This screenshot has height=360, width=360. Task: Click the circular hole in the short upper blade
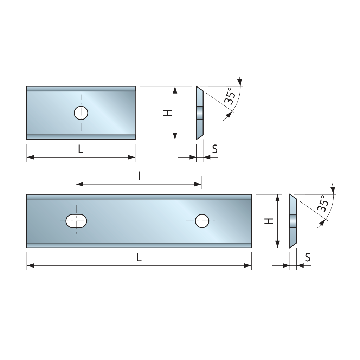(81, 113)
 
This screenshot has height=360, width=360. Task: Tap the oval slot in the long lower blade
(76, 221)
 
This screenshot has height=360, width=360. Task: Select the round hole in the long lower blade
(202, 221)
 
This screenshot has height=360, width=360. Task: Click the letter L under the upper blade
(81, 149)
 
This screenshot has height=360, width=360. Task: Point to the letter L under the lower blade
(139, 258)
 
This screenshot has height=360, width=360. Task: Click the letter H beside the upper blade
(168, 113)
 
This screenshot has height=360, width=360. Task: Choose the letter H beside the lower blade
(269, 221)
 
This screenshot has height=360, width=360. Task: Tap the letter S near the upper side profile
(215, 149)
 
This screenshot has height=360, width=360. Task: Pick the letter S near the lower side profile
(308, 257)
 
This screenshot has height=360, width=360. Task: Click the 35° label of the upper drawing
(230, 96)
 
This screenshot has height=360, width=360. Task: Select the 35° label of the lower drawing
(323, 204)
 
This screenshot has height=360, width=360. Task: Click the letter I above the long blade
(139, 176)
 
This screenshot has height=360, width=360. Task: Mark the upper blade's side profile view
(200, 113)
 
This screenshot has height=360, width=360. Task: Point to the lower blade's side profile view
(293, 221)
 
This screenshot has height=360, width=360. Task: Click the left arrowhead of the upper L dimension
(30, 157)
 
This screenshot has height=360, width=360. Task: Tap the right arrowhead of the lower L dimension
(248, 266)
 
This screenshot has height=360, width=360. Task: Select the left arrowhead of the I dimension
(80, 184)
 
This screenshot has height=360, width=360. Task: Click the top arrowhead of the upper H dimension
(175, 90)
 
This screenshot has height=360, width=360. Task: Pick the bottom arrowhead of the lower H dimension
(278, 244)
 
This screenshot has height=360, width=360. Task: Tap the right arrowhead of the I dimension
(198, 184)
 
